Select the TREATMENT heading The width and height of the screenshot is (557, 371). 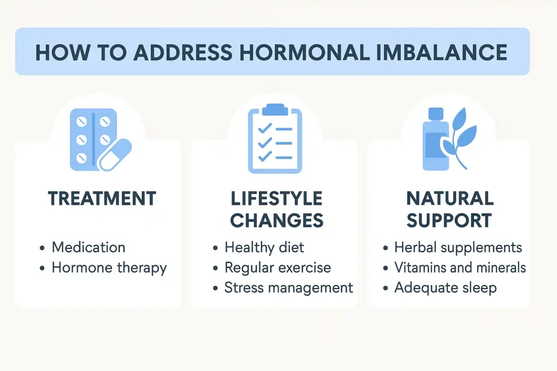[102, 198]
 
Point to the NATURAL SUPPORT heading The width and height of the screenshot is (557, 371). [449, 209]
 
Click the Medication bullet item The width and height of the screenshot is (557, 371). [88, 248]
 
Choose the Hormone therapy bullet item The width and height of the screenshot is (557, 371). [109, 268]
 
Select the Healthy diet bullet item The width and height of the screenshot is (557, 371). [264, 248]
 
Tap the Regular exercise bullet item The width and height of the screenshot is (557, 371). [277, 268]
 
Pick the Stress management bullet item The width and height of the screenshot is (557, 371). [288, 288]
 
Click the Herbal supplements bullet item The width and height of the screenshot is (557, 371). [458, 248]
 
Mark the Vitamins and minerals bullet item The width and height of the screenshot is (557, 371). [460, 268]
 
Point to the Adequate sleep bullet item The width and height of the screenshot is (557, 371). [445, 288]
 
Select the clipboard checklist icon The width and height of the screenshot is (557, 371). [275, 140]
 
